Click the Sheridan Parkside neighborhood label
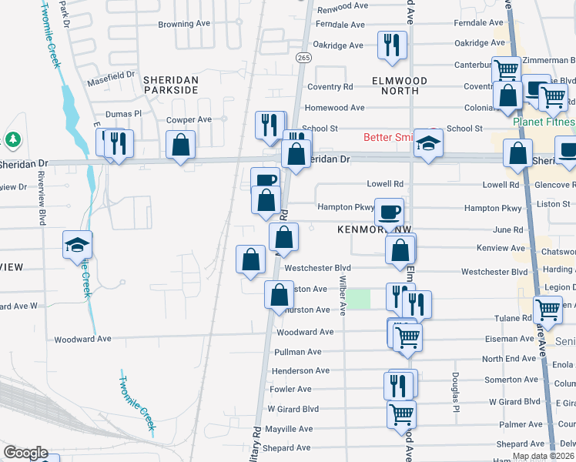172,85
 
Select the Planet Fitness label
544,122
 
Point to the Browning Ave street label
185,24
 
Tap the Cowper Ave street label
189,119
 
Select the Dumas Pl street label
124,113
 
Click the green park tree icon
12,139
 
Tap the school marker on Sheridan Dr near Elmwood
428,144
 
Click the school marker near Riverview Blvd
78,245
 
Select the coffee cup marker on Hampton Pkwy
390,211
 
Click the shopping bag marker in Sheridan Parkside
180,145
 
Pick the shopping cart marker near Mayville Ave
402,414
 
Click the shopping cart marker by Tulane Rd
547,310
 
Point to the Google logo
25,453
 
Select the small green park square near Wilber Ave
357,298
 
